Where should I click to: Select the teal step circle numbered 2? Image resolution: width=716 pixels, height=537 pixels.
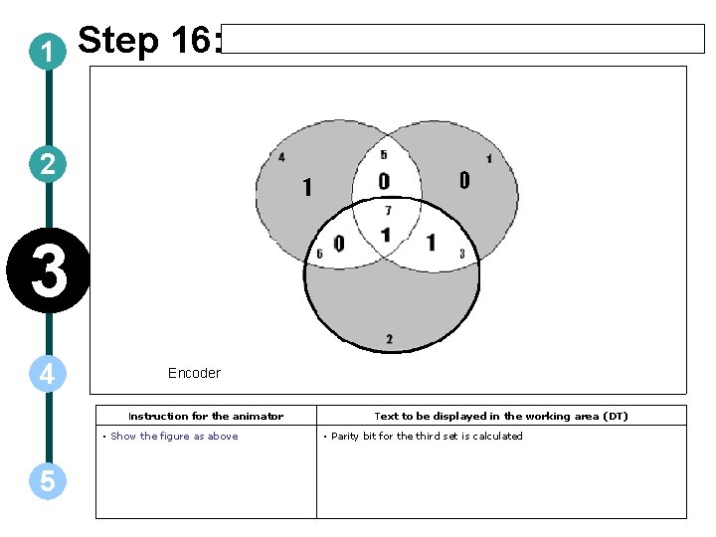[48, 164]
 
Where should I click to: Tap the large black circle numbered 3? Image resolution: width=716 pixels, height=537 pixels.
[48, 272]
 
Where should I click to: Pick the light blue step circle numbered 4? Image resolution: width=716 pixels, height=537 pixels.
[48, 374]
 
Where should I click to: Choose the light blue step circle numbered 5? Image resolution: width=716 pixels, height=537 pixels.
[48, 481]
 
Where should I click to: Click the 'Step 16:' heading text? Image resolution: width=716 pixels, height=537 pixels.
[148, 41]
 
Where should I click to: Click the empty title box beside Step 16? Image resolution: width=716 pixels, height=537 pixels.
[462, 39]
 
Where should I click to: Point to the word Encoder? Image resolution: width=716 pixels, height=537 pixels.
[194, 373]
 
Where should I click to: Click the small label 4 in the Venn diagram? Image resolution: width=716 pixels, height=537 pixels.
[281, 157]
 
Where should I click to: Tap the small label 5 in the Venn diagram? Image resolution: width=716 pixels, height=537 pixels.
[384, 154]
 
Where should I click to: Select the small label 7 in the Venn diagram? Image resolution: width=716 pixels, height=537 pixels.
[388, 211]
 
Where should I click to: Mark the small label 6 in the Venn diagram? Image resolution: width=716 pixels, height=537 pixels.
[319, 254]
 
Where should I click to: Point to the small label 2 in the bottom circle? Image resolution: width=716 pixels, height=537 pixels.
[389, 339]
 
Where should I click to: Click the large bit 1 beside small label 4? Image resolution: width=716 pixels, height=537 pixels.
[306, 187]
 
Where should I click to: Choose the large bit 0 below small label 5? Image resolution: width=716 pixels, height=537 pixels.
[384, 181]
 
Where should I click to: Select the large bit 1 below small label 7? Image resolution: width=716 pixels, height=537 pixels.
[386, 236]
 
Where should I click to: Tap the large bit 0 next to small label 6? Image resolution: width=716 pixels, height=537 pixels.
[339, 244]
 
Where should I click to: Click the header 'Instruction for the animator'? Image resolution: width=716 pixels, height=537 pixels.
[206, 416]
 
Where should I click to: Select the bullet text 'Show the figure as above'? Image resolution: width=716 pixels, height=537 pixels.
[174, 436]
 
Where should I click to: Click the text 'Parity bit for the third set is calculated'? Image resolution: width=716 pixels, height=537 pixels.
[427, 436]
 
